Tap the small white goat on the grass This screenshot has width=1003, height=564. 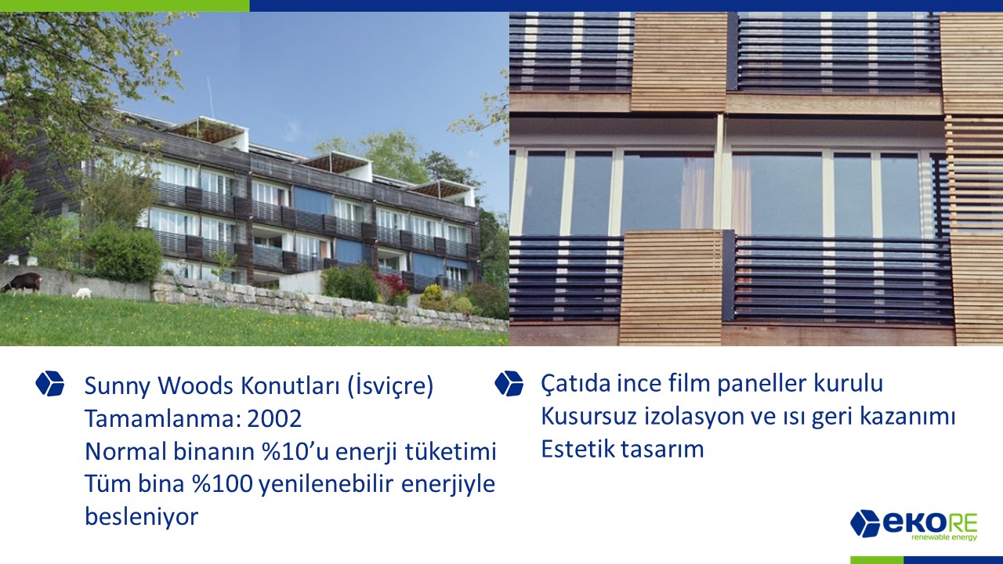82,294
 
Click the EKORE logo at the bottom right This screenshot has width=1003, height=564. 914,525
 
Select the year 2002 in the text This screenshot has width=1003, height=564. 274,419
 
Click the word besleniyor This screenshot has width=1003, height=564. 142,516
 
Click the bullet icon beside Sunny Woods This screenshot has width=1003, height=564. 49,384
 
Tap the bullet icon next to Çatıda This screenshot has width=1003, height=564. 509,383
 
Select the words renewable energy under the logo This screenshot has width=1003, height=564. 939,537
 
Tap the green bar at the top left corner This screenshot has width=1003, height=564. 125,5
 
